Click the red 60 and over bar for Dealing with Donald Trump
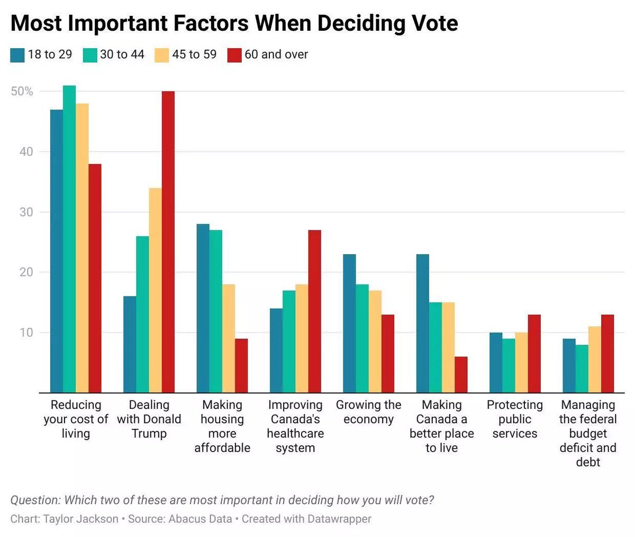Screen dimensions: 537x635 [x=168, y=242]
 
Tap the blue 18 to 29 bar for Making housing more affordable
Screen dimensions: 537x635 [x=203, y=308]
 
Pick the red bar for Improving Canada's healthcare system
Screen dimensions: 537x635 [x=314, y=311]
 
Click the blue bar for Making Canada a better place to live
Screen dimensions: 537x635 [x=422, y=324]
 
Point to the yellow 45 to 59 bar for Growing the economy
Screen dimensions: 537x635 [x=375, y=342]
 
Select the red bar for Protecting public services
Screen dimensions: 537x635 [x=534, y=354]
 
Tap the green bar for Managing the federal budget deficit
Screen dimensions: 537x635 [x=582, y=369]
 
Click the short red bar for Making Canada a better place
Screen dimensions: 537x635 [x=461, y=374]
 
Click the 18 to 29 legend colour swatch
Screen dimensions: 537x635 [x=17, y=55]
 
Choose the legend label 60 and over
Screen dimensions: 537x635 [x=276, y=55]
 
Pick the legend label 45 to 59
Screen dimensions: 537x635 [x=194, y=55]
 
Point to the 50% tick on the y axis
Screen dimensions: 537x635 [x=22, y=92]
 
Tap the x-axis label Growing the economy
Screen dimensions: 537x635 [x=368, y=412]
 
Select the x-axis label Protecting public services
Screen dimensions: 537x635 [x=514, y=419]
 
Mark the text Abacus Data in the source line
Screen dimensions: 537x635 [x=200, y=518]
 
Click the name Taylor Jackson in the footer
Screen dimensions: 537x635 [x=81, y=518]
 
